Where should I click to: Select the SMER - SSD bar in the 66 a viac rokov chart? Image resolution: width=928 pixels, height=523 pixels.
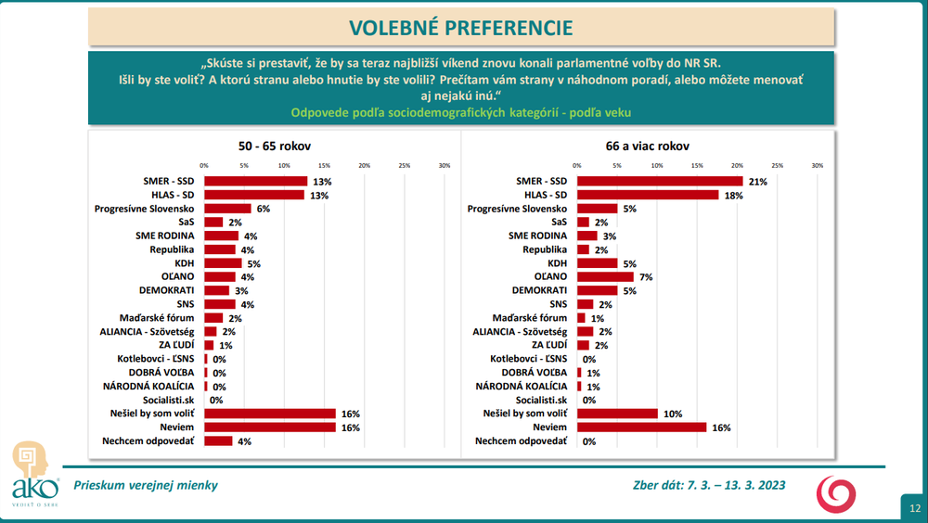pyautogui.click(x=660, y=181)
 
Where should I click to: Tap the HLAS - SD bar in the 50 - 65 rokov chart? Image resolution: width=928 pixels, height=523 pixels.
pyautogui.click(x=254, y=195)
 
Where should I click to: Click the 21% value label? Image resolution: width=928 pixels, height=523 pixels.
pyautogui.click(x=758, y=182)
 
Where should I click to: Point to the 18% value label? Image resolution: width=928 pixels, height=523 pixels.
pyautogui.click(x=733, y=195)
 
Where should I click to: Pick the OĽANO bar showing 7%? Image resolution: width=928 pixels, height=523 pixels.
pyautogui.click(x=605, y=276)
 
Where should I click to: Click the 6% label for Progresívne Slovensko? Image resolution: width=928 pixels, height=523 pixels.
pyautogui.click(x=263, y=209)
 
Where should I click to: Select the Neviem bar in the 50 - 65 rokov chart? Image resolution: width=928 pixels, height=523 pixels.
pyautogui.click(x=269, y=427)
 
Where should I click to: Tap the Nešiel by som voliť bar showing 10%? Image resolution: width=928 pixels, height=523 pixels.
pyautogui.click(x=617, y=414)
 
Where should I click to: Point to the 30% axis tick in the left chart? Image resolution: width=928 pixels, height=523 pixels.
pyautogui.click(x=444, y=166)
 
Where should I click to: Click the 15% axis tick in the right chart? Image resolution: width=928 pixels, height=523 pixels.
pyautogui.click(x=697, y=166)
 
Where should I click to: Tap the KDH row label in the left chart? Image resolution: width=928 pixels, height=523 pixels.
pyautogui.click(x=184, y=263)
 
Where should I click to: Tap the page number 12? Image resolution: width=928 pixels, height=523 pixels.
pyautogui.click(x=914, y=507)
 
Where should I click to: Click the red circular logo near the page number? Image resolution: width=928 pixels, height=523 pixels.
pyautogui.click(x=836, y=491)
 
